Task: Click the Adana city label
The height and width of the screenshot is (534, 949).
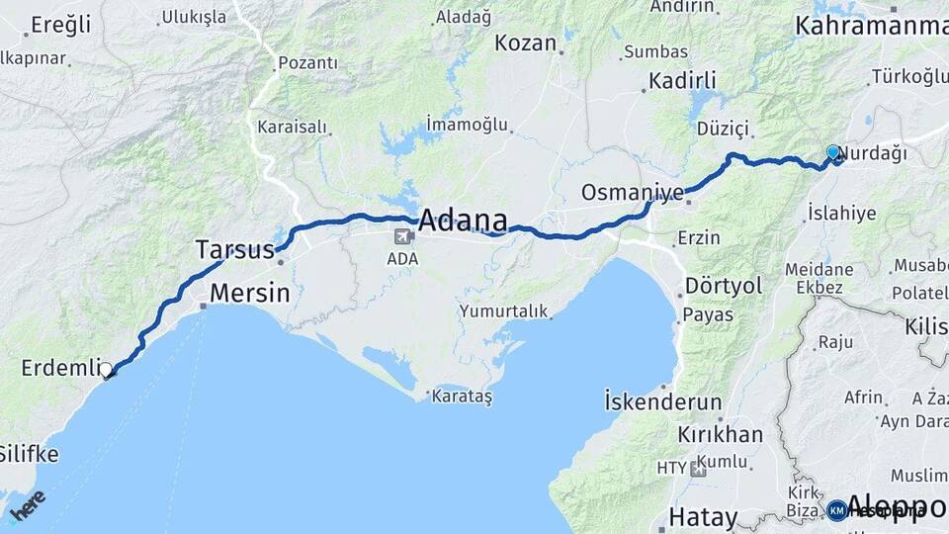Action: (x=464, y=220)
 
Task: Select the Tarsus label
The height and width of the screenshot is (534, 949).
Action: (x=234, y=249)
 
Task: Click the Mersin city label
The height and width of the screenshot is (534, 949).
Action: (x=249, y=294)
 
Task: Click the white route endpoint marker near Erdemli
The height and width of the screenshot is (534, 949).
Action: (x=107, y=370)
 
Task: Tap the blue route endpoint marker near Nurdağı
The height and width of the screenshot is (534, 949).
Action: (x=833, y=152)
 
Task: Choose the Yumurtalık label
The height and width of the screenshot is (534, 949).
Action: (x=502, y=311)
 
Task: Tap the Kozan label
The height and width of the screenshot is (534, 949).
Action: (x=527, y=43)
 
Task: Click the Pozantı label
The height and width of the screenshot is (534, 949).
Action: (x=306, y=63)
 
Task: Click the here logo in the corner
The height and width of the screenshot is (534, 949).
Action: (x=27, y=505)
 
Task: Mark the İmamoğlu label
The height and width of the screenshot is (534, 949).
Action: (x=468, y=124)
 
